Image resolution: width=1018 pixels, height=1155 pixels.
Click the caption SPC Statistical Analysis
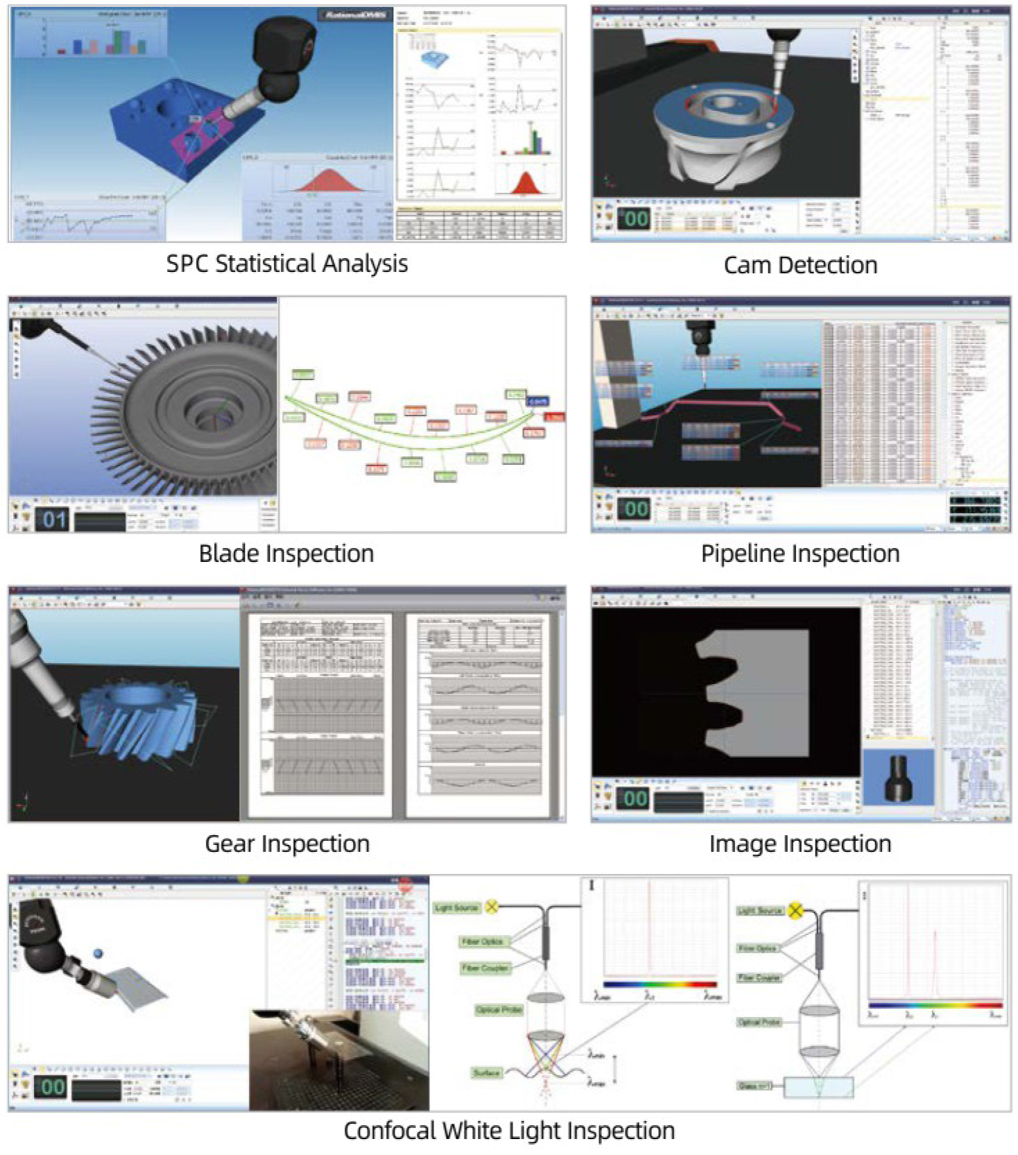coord(286,264)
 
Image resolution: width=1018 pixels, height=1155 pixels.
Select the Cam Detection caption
coord(800,265)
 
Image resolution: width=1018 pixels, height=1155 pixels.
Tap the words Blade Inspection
coord(286,554)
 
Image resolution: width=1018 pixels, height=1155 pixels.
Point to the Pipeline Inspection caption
coord(800,554)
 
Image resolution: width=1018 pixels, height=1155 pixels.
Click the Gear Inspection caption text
coord(286,844)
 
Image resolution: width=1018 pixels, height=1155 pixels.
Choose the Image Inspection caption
coord(800,844)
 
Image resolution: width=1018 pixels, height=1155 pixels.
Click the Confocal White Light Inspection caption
coord(509,1131)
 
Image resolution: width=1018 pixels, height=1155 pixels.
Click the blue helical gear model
coord(139,721)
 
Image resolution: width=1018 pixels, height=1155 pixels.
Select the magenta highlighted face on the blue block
coord(201,139)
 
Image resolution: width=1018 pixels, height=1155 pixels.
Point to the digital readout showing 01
coord(53,519)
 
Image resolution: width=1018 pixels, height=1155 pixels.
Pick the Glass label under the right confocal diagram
coord(755,1086)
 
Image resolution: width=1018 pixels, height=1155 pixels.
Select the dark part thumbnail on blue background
coord(898,777)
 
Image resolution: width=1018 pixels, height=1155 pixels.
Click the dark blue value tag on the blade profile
coord(537,401)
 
